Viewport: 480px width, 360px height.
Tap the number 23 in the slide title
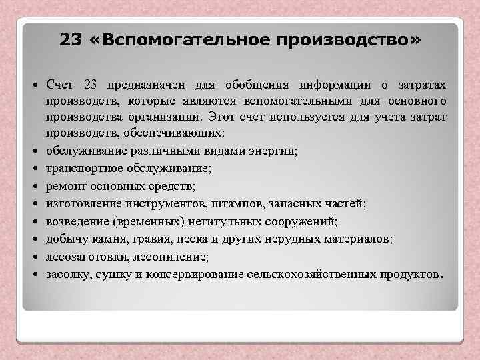[x=71, y=41]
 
